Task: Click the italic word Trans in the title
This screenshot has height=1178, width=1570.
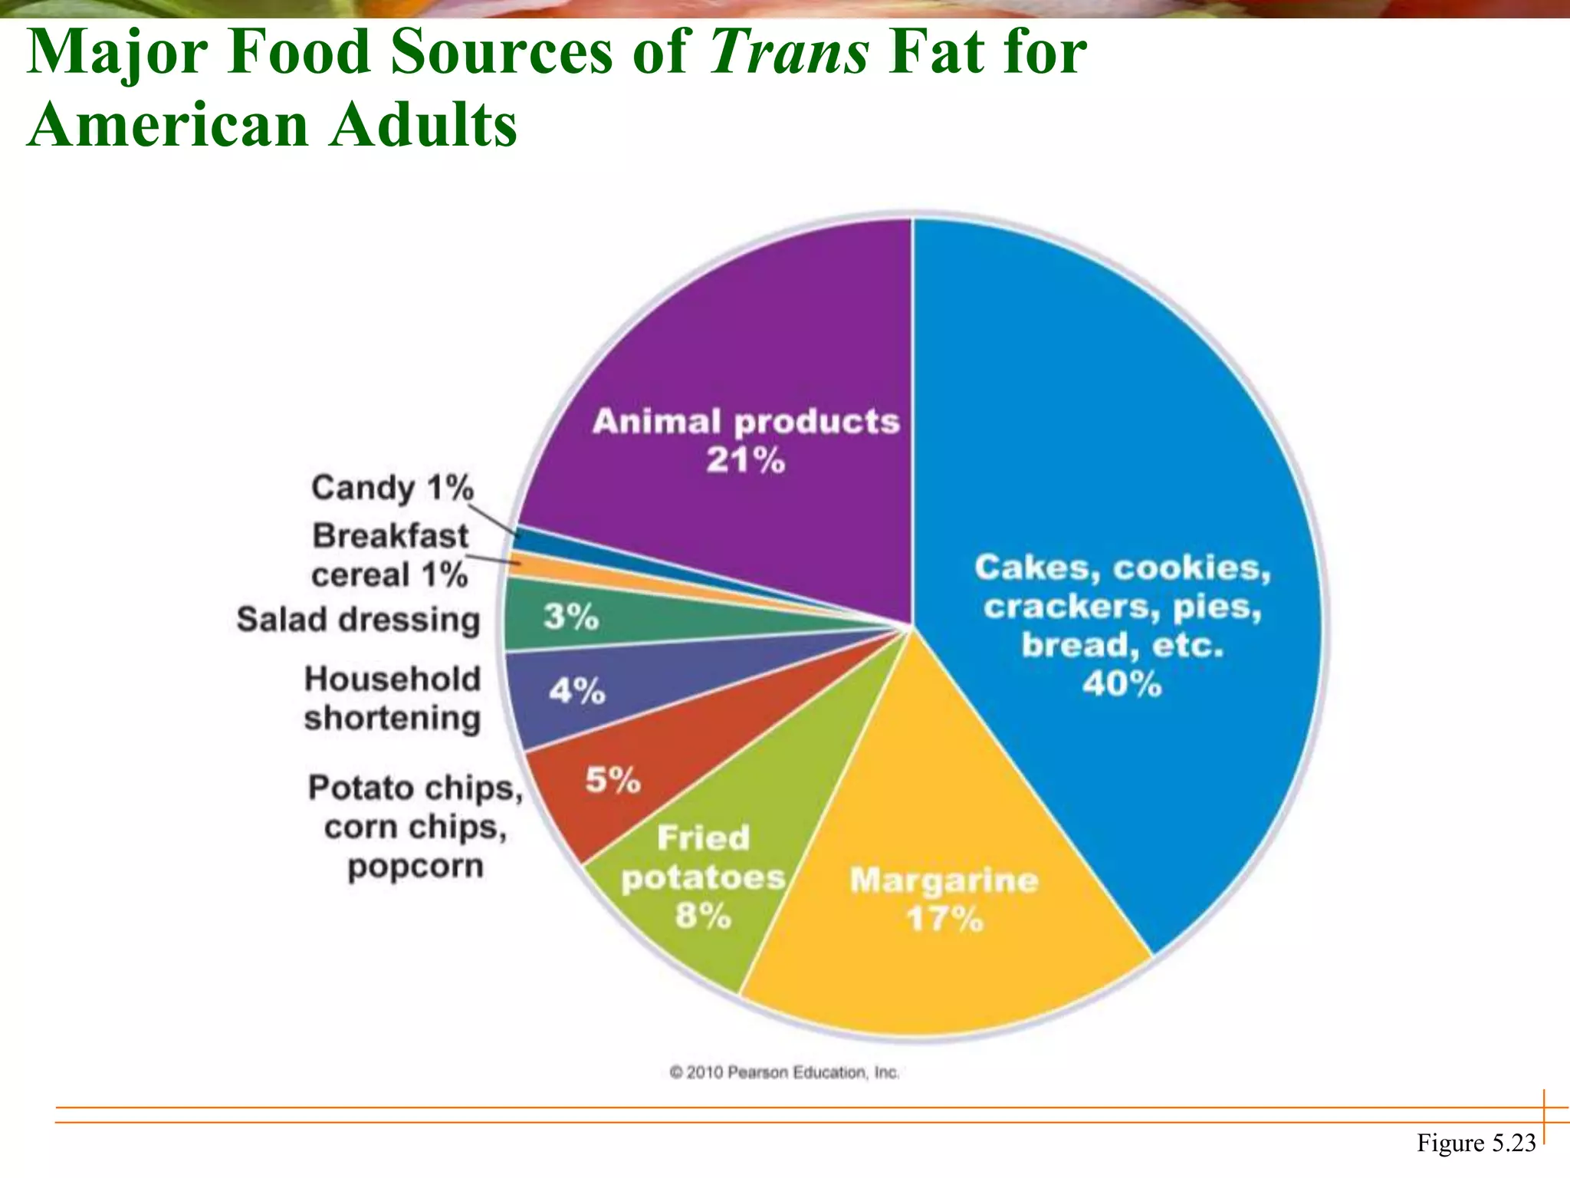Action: pos(790,52)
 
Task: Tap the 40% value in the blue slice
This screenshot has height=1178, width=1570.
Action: pos(1122,683)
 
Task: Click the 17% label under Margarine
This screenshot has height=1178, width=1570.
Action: pos(944,918)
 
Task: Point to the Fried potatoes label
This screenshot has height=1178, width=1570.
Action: pos(703,857)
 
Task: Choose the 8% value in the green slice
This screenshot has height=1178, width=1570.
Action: pos(703,915)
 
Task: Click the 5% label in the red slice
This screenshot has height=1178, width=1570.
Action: pos(613,780)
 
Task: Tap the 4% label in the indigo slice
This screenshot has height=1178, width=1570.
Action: pos(576,691)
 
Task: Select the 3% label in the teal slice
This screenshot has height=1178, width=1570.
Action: pos(571,617)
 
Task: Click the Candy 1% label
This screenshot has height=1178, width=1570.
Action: pos(392,488)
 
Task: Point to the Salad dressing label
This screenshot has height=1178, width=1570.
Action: pos(358,620)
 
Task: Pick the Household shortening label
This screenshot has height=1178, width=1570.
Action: pos(392,699)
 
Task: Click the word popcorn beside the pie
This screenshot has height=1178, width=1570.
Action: pos(415,867)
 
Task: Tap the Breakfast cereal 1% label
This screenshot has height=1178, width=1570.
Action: pos(390,555)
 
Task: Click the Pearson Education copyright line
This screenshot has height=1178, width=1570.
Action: pos(784,1072)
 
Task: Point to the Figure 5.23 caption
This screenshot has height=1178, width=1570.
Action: pos(1476,1143)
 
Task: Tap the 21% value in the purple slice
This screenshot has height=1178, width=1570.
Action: pos(745,460)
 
